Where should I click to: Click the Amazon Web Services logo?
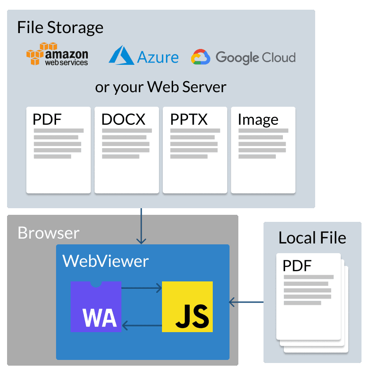pyautogui.click(x=57, y=54)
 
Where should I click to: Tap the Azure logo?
pyautogui.click(x=144, y=56)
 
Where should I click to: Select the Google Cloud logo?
pyautogui.click(x=243, y=57)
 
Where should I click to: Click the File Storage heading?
pyautogui.click(x=60, y=27)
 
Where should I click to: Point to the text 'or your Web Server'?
pyautogui.click(x=161, y=87)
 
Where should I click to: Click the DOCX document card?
pyautogui.click(x=127, y=150)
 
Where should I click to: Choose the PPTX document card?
pyautogui.click(x=195, y=150)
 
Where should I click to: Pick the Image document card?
pyautogui.click(x=263, y=150)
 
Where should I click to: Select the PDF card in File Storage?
pyautogui.click(x=58, y=150)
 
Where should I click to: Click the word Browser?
pyautogui.click(x=49, y=233)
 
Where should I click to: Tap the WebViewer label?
pyautogui.click(x=105, y=261)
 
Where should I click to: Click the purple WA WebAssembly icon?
pyautogui.click(x=96, y=307)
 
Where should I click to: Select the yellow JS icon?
pyautogui.click(x=187, y=307)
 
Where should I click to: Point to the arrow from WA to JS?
pyautogui.click(x=141, y=288)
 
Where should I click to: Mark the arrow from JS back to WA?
pyautogui.click(x=141, y=326)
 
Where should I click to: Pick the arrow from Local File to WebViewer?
pyautogui.click(x=246, y=302)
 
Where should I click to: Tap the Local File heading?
pyautogui.click(x=312, y=238)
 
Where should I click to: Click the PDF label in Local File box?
pyautogui.click(x=297, y=266)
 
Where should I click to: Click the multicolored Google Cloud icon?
pyautogui.click(x=200, y=57)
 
